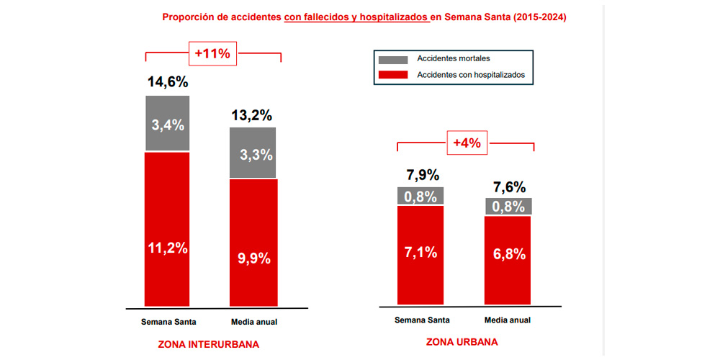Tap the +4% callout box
[466, 143]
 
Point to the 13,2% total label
[253, 115]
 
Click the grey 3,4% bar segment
[168, 123]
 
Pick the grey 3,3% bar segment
[253, 153]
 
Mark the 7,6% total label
[508, 186]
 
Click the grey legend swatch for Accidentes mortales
[392, 59]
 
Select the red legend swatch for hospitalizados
[392, 74]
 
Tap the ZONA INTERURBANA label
[208, 345]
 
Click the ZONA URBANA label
[462, 343]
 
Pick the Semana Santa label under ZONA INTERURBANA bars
[168, 321]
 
